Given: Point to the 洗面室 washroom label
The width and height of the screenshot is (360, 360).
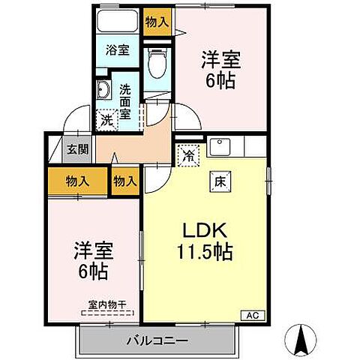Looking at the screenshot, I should (x=127, y=98).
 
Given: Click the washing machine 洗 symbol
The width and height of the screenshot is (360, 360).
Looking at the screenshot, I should (x=106, y=118).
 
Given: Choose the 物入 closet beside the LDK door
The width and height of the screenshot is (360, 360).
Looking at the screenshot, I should (x=125, y=180).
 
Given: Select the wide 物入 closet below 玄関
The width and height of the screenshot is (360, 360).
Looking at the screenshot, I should (x=77, y=181).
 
